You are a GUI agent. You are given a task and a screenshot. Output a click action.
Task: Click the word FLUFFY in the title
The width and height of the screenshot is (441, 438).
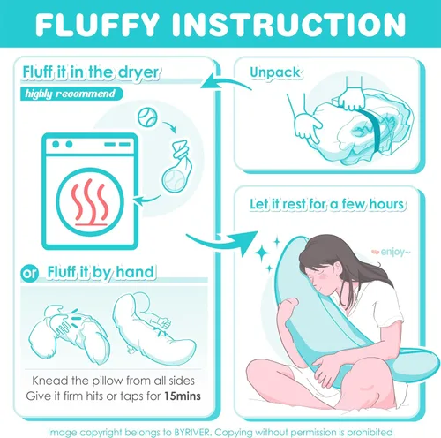click(97, 25)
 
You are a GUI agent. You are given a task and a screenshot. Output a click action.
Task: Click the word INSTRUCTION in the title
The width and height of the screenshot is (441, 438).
click(289, 25)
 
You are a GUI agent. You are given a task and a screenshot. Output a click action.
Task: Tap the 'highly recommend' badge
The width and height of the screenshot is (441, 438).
click(71, 94)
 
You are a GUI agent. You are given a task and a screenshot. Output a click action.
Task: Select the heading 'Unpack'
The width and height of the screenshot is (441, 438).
click(275, 72)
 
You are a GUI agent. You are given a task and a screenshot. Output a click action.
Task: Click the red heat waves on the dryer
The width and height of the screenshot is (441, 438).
click(90, 202)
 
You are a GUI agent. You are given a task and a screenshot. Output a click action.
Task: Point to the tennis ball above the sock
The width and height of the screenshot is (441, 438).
click(147, 117)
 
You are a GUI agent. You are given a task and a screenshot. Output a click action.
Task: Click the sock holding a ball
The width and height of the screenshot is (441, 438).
click(177, 167)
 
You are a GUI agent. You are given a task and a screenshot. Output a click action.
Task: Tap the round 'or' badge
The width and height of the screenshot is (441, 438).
click(30, 274)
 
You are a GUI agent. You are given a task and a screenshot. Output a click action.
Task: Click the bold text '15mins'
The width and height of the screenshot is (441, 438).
click(183, 396)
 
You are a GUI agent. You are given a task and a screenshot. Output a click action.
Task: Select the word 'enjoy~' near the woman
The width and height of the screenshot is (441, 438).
click(395, 252)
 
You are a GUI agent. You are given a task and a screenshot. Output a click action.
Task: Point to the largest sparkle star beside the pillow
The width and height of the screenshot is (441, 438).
click(262, 253)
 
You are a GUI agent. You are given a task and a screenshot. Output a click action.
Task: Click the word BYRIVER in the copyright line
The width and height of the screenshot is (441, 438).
click(192, 433)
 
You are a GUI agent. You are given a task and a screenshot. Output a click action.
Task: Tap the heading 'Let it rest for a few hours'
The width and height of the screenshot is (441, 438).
click(327, 204)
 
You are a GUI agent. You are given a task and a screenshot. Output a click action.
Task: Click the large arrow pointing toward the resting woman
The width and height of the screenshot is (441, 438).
click(223, 240)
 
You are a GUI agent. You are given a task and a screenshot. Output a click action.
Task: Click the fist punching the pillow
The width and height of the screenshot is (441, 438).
click(163, 323)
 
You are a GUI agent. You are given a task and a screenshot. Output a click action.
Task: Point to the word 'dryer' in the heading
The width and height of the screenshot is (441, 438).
click(138, 72)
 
